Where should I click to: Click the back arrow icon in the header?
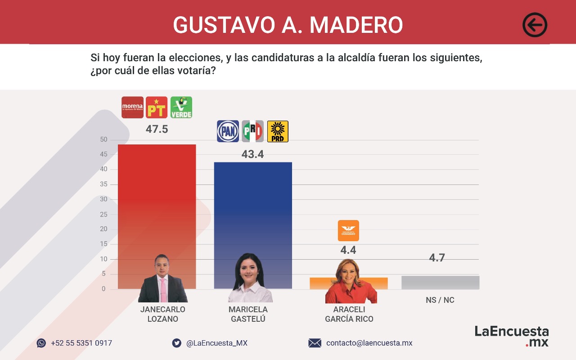coord(535,25)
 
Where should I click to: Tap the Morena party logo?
coord(132,107)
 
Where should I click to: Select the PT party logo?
coord(157,107)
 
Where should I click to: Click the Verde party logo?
coord(181,107)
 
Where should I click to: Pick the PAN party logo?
coord(228,131)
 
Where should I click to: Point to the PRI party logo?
coord(252,131)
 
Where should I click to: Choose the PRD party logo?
coord(278,131)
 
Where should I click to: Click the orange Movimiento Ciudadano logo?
coord(348,230)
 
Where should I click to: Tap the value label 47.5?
coord(157,130)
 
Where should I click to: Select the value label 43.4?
coord(252,154)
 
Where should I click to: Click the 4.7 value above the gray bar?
coord(436,258)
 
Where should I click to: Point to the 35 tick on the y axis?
coord(103,184)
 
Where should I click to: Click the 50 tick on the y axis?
coord(103,139)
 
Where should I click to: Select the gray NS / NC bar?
coord(440,282)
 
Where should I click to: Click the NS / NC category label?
coord(440,300)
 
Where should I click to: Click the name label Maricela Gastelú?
coord(248,314)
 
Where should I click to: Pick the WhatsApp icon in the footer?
coord(41,343)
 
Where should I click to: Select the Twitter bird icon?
coord(177,343)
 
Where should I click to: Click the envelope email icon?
coord(315,343)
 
